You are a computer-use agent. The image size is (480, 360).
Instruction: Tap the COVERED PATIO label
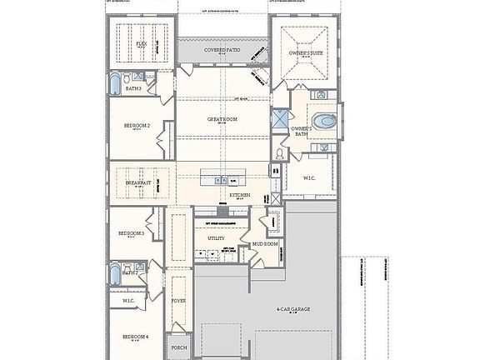coord(222,51)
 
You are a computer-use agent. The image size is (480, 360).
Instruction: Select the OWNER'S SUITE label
coord(305,53)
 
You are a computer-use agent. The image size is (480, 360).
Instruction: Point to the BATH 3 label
coord(132,87)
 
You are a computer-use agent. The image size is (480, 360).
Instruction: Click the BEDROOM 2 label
coord(137,125)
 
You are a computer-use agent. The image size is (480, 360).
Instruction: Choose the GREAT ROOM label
coord(222,119)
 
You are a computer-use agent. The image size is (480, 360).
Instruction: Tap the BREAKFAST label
coord(138,182)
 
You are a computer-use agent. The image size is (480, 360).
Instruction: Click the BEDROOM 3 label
coord(131,233)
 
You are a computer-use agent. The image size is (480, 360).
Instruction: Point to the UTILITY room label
coord(216,238)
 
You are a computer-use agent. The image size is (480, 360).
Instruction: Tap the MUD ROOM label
coord(264,244)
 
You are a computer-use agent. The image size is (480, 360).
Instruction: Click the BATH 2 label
coord(129,272)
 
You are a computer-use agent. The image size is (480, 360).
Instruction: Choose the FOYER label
coord(178,300)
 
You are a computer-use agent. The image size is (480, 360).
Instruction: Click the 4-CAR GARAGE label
coord(293,309)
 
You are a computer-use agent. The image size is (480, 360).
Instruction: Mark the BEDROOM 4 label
coord(135,336)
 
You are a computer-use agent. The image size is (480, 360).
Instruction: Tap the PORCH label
coord(178,347)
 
